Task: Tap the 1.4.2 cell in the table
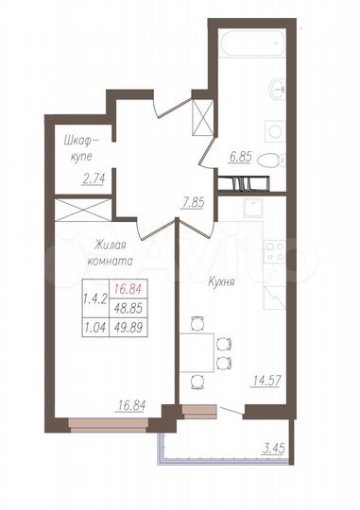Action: pos(94,299)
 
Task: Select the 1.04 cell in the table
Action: pos(94,327)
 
